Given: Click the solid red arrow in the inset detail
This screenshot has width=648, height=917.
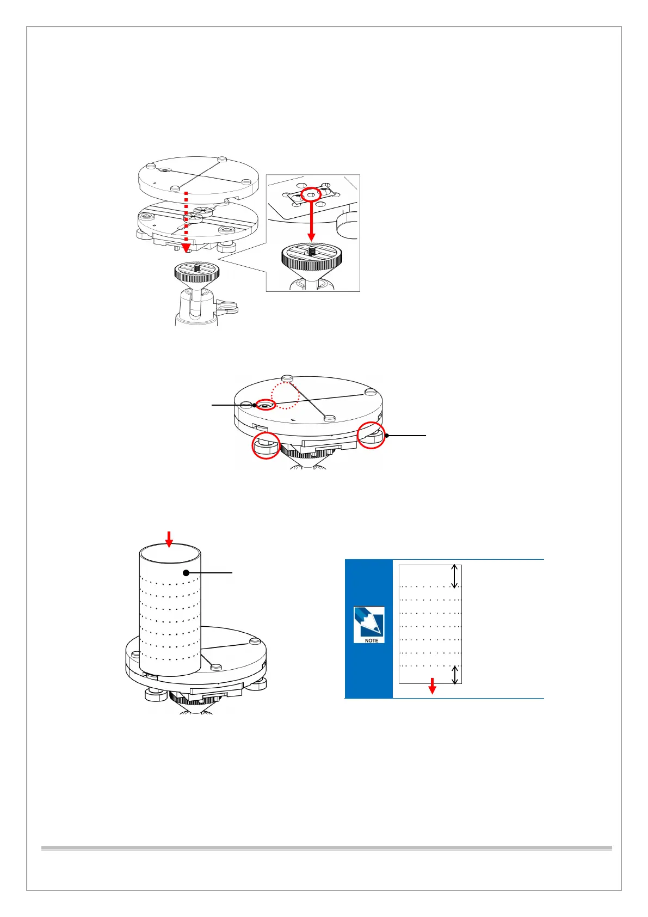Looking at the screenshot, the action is click(x=311, y=223).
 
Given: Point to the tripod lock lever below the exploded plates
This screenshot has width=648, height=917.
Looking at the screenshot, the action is click(x=230, y=309).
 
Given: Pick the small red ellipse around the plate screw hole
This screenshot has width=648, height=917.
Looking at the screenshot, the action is click(x=266, y=405).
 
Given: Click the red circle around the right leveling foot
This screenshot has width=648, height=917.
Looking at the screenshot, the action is click(x=371, y=435).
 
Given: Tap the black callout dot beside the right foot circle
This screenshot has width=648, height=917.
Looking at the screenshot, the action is click(x=386, y=436).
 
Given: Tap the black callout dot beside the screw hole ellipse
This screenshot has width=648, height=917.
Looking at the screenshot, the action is click(x=254, y=405).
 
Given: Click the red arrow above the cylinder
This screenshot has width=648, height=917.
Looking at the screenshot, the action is click(x=169, y=539).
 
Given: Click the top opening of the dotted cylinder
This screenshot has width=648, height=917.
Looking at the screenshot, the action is click(x=170, y=554).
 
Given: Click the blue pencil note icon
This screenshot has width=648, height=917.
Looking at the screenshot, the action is click(x=369, y=622).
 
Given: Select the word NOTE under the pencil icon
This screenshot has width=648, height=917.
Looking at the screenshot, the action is click(x=372, y=640).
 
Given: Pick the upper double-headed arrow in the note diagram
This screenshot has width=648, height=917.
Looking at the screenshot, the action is click(x=455, y=577).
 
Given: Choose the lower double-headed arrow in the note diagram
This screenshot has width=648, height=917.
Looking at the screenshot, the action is click(x=455, y=674).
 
